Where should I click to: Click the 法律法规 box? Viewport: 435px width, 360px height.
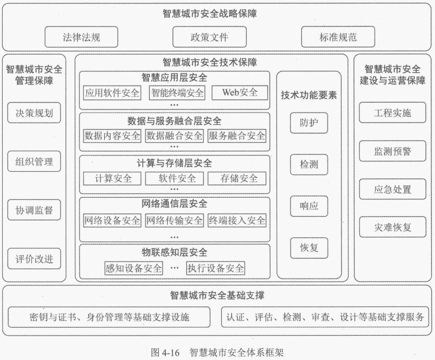pyautogui.click(x=81, y=37)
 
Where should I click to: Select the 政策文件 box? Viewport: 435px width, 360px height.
pyautogui.click(x=210, y=37)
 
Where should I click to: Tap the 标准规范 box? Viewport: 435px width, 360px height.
pyautogui.click(x=338, y=37)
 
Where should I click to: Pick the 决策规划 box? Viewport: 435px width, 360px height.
pyautogui.click(x=34, y=113)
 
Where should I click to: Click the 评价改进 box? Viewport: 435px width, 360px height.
pyautogui.click(x=34, y=259)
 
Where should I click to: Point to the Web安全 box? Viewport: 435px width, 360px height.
pyautogui.click(x=240, y=93)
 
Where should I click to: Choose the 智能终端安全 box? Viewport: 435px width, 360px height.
pyautogui.click(x=177, y=93)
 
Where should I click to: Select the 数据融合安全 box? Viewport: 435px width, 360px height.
pyautogui.click(x=174, y=136)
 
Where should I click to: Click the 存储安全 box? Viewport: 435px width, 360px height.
pyautogui.click(x=237, y=179)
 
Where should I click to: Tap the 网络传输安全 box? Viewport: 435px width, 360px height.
pyautogui.click(x=174, y=220)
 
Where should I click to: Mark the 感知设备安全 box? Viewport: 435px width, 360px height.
pyautogui.click(x=134, y=268)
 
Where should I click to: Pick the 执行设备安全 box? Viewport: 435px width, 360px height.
pyautogui.click(x=215, y=268)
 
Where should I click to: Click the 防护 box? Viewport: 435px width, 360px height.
pyautogui.click(x=309, y=123)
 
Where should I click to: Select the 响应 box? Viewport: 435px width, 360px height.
pyautogui.click(x=309, y=206)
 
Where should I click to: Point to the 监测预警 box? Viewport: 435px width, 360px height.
pyautogui.click(x=393, y=151)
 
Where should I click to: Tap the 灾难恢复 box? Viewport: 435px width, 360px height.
pyautogui.click(x=393, y=227)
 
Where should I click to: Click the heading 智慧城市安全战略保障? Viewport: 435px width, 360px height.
pyautogui.click(x=210, y=13)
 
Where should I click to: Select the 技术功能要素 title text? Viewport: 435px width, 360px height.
pyautogui.click(x=309, y=95)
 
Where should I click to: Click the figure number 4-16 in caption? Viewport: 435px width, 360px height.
pyautogui.click(x=170, y=353)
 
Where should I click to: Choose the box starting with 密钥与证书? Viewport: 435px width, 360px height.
pyautogui.click(x=109, y=317)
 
